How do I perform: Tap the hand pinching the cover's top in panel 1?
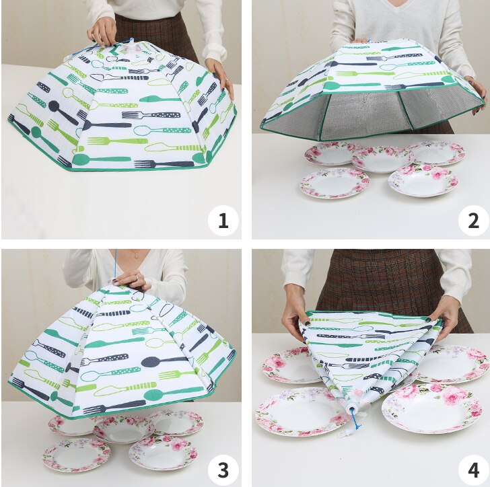(x=101, y=30)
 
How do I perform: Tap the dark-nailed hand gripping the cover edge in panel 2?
(x=475, y=91)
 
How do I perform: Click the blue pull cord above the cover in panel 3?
(x=115, y=266)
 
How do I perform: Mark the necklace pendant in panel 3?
(x=137, y=256)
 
